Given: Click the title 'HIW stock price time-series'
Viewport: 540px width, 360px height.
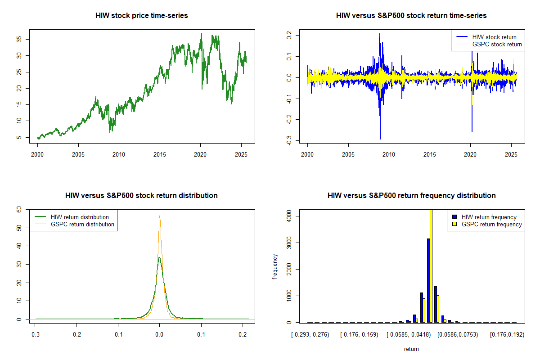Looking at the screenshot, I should click(x=141, y=16).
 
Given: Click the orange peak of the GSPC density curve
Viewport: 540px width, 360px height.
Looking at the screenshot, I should click(x=159, y=216).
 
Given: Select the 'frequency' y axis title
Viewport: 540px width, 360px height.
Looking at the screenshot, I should click(x=275, y=267).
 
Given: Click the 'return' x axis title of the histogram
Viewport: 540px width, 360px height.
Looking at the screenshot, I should click(x=411, y=349).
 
